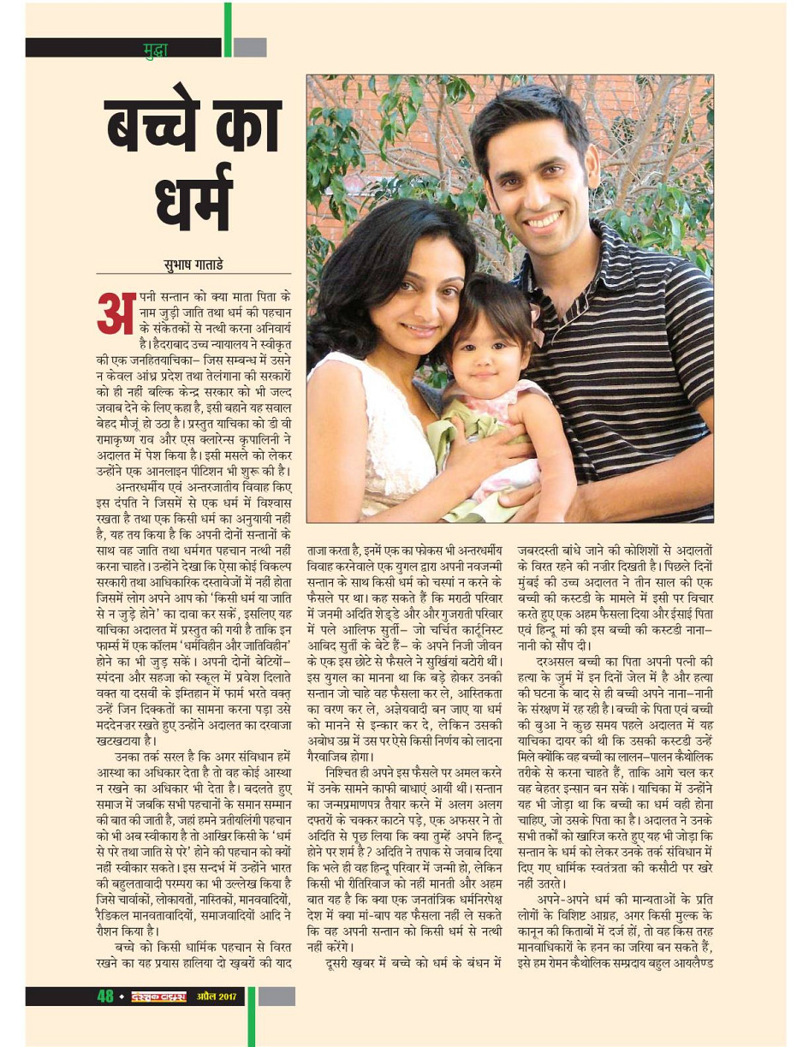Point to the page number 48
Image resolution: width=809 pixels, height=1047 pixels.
104,996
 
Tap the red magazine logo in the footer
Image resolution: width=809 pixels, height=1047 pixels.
158,996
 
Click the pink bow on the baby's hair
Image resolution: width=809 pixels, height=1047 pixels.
536,321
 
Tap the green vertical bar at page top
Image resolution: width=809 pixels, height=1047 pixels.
228,29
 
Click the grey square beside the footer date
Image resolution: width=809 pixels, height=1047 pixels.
276,996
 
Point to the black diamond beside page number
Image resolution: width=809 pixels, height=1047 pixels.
122,997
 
